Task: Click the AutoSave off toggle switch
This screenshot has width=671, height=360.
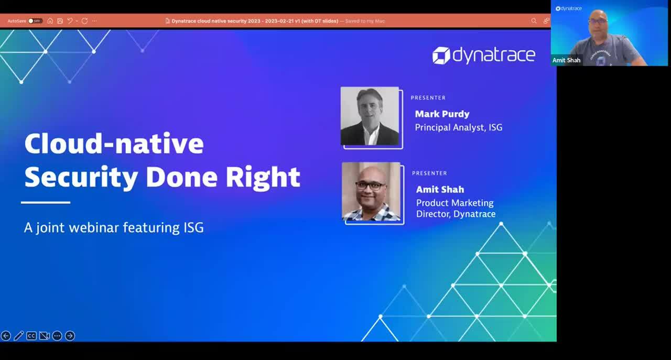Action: click(x=35, y=21)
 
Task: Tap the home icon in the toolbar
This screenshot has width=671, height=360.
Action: click(x=50, y=21)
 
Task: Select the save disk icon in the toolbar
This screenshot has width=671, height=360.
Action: click(x=60, y=21)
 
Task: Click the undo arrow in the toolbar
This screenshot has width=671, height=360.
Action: click(x=70, y=21)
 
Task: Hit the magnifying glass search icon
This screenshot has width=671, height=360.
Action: click(x=534, y=21)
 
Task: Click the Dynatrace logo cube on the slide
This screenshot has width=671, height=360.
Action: click(x=441, y=56)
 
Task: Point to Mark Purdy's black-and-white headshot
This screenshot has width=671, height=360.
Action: click(x=370, y=116)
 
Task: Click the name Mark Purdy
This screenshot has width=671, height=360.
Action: click(x=442, y=114)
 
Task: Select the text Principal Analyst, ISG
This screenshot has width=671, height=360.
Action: click(x=458, y=127)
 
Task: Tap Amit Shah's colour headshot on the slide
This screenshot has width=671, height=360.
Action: click(x=371, y=192)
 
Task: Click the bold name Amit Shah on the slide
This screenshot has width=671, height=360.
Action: click(x=440, y=189)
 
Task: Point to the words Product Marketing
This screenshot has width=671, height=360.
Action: click(x=454, y=203)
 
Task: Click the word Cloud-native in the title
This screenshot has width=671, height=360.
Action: click(x=114, y=144)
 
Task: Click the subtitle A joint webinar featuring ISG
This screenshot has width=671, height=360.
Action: click(x=114, y=227)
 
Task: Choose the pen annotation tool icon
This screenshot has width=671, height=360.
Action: click(x=19, y=336)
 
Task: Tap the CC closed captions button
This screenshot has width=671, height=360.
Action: click(x=31, y=336)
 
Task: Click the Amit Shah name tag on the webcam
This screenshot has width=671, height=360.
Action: click(x=566, y=60)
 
